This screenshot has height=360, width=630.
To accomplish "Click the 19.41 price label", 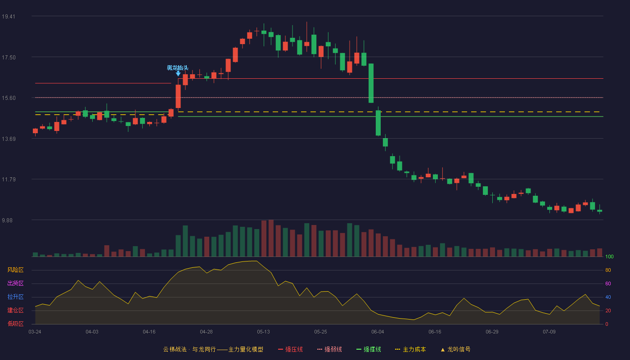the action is point(9,17).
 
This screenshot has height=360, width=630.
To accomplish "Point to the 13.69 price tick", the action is point(9,139).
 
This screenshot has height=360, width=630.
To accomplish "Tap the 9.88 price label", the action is point(7,220).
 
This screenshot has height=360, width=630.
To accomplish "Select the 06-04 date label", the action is point(378,332).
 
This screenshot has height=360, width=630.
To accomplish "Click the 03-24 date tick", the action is point(35,332).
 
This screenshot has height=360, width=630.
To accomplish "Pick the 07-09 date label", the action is point(549,332).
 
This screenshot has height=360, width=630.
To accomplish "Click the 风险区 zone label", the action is point(15,270).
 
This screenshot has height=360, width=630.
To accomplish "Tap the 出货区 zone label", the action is point(15,283).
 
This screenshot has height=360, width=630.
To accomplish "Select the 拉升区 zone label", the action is point(15,297).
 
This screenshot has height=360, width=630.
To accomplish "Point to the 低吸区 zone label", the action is point(15,324).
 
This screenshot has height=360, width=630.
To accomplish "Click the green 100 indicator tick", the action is point(609,256).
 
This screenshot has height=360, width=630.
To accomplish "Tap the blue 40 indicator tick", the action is point(608,297).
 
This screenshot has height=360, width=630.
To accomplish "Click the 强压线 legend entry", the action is point(290,349).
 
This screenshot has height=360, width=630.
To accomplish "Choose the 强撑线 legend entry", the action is point(369,349).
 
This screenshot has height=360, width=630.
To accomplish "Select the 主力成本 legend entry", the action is point(410,349).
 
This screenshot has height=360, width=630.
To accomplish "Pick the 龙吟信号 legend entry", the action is point(455,349).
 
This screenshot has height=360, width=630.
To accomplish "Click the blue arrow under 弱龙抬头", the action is point(178,73).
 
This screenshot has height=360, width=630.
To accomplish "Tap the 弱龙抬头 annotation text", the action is point(177,68).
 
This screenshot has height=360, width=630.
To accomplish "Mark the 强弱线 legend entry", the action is point(329,349).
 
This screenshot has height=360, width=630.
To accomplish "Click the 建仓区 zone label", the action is point(15,310).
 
